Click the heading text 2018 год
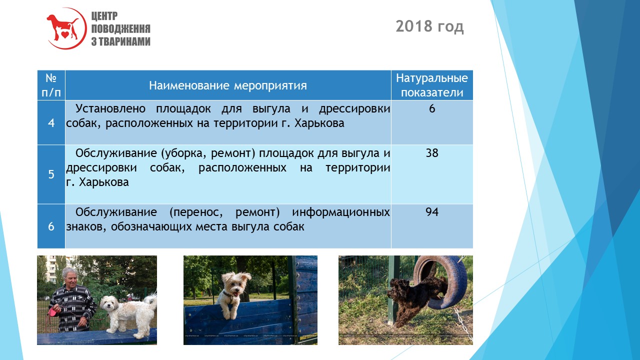click(429, 26)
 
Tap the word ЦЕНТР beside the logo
click(104, 16)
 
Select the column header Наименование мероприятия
click(227, 85)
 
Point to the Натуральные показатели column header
click(431, 85)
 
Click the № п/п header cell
click(51, 85)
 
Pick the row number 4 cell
click(51, 123)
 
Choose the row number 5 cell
click(51, 174)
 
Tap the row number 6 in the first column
click(51, 226)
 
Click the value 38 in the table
click(431, 153)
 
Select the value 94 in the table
click(431, 212)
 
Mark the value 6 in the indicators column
click(431, 108)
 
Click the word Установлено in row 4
click(110, 109)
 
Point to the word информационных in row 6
click(341, 212)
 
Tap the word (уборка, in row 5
click(182, 153)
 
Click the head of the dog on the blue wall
click(235, 284)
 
